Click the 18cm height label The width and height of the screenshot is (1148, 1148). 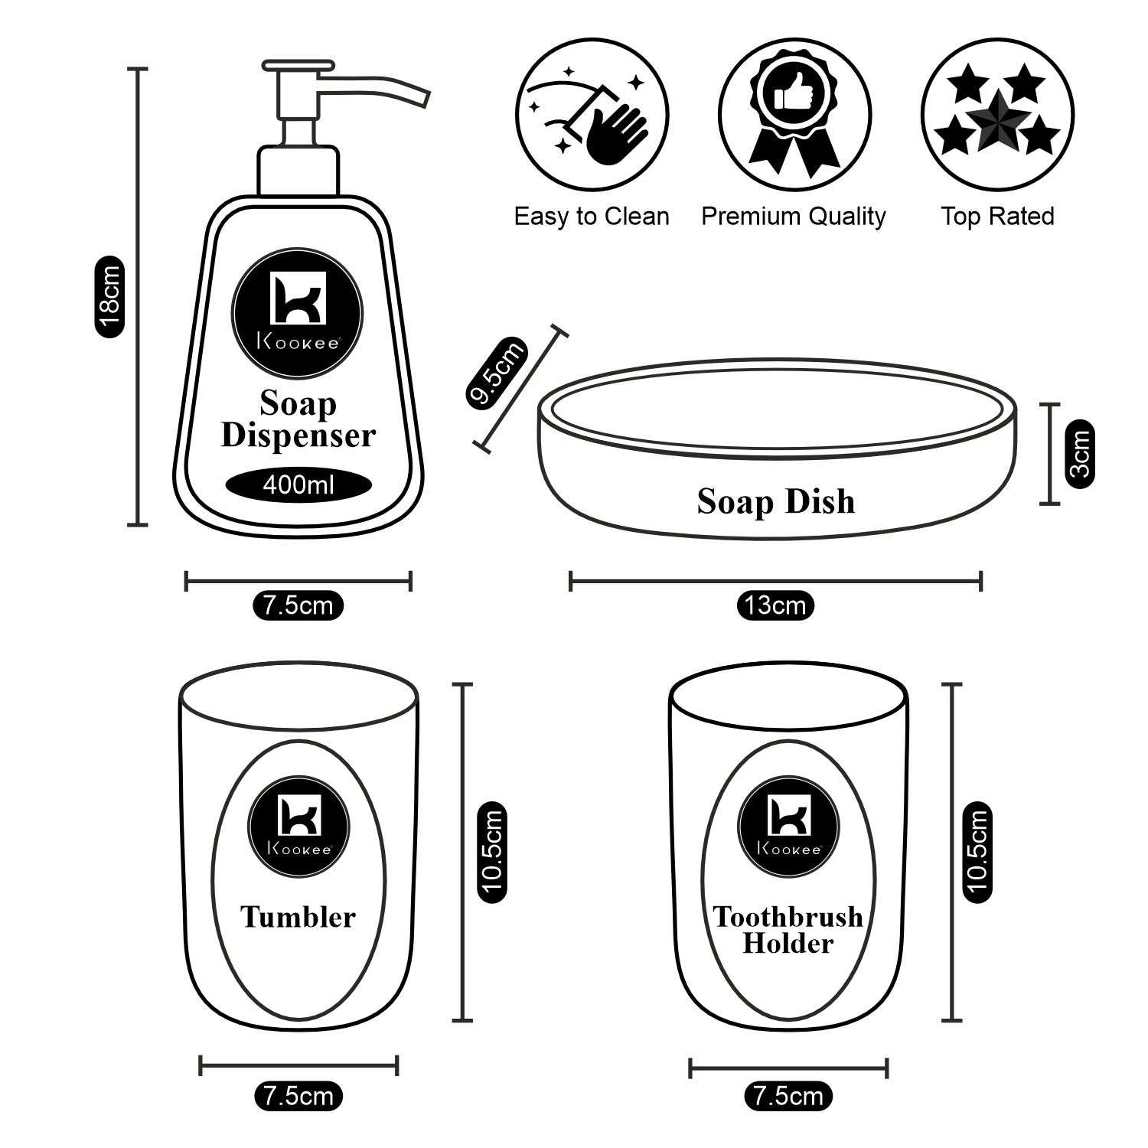tap(109, 297)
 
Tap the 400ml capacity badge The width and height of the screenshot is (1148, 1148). tap(298, 485)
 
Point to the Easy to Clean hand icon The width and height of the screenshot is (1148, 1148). tap(592, 114)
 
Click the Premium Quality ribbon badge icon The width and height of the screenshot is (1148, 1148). tap(794, 114)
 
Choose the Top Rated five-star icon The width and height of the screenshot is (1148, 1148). tap(997, 114)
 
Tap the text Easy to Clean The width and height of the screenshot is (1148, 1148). tap(592, 217)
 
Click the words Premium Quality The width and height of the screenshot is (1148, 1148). tap(794, 217)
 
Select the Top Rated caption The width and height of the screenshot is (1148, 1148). tap(997, 217)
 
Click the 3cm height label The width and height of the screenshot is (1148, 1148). tap(1079, 453)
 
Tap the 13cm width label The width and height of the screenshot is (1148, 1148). tap(775, 605)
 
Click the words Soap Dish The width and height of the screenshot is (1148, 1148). tap(776, 502)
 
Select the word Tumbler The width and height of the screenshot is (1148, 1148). tap(298, 917)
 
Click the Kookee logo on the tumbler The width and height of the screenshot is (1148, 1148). tap(298, 827)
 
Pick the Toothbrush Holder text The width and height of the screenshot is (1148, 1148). tap(788, 930)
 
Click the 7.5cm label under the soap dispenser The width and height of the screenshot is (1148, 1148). tap(298, 605)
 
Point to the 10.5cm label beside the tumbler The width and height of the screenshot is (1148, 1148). tap(492, 851)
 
